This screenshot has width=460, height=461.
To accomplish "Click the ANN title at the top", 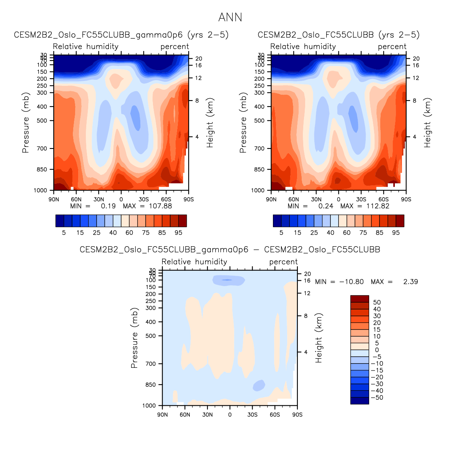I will (230, 18).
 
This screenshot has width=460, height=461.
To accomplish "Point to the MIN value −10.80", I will (352, 282).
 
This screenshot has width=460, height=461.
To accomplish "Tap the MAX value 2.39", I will (410, 282).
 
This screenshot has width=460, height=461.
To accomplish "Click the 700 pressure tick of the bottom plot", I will (151, 364).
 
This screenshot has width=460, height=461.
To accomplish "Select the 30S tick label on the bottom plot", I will (252, 415).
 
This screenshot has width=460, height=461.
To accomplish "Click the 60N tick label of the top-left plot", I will (76, 199).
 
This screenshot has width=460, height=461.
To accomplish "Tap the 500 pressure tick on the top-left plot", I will (42, 121).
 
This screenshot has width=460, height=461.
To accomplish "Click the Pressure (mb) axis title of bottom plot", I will (134, 338).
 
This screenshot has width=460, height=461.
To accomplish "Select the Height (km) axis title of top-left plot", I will (210, 123).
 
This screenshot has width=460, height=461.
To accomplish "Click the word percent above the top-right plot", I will (392, 47).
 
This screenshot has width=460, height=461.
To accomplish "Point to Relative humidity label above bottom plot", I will (194, 262).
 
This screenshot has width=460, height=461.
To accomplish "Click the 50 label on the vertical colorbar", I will (377, 303).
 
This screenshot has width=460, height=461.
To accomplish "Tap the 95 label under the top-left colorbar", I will (178, 233).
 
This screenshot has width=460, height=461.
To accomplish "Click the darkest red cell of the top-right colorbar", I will (400, 221).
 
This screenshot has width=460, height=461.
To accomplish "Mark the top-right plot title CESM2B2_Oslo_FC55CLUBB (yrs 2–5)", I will (338, 35).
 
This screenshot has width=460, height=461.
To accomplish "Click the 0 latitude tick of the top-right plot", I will (338, 199).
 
